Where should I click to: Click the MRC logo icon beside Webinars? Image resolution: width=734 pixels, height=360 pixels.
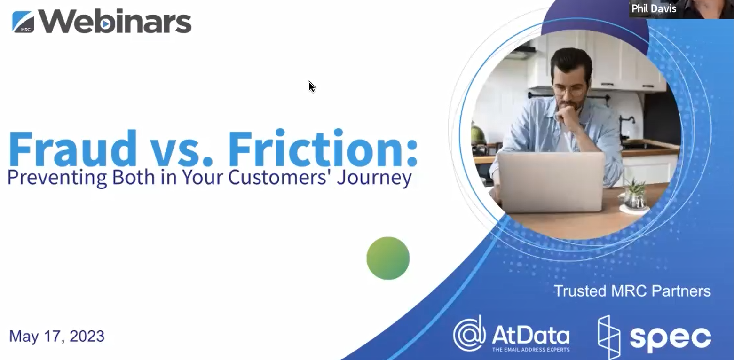23,22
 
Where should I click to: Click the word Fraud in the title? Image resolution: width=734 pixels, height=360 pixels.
72,149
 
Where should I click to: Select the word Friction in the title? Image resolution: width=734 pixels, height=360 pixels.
323,149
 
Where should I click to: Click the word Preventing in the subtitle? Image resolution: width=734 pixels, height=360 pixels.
57,178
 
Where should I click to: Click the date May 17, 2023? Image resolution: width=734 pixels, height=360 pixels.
57,336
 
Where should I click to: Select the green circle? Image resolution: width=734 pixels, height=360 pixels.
388,258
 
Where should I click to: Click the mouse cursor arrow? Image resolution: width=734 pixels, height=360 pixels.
312,87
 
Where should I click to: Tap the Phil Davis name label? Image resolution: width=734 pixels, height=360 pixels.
654,8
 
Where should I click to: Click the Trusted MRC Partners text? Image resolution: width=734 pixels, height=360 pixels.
632,291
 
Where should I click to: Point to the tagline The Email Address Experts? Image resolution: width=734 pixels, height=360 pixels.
531,350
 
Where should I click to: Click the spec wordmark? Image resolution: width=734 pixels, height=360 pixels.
671,338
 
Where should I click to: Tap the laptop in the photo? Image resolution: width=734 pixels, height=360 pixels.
551,182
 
